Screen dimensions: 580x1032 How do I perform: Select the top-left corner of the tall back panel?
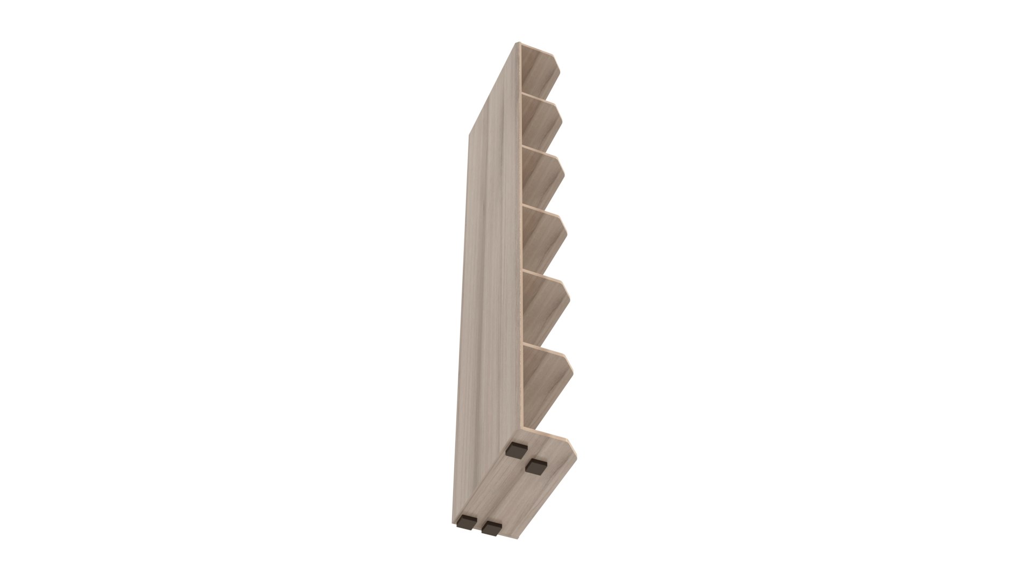(x=519, y=44)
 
